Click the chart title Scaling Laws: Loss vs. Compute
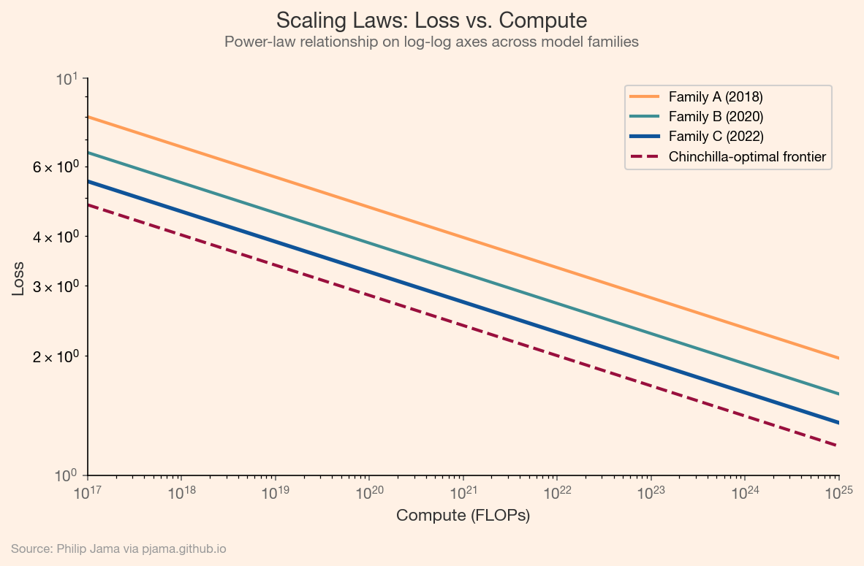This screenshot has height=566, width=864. pos(431,19)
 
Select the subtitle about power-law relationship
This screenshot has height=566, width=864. pos(431,42)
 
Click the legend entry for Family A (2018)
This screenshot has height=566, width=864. pos(716,96)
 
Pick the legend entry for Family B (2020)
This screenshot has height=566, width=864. pos(716,116)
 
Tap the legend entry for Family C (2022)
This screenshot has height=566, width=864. pos(716,136)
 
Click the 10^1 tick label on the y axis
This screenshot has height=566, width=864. pos(68,78)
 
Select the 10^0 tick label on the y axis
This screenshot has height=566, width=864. pos(68,475)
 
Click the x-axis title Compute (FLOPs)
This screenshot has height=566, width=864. pos(463,516)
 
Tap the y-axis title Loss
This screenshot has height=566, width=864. pos(18,278)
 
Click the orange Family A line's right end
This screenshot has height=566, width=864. pos(838,358)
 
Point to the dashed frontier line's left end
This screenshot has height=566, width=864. pos(88,205)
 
